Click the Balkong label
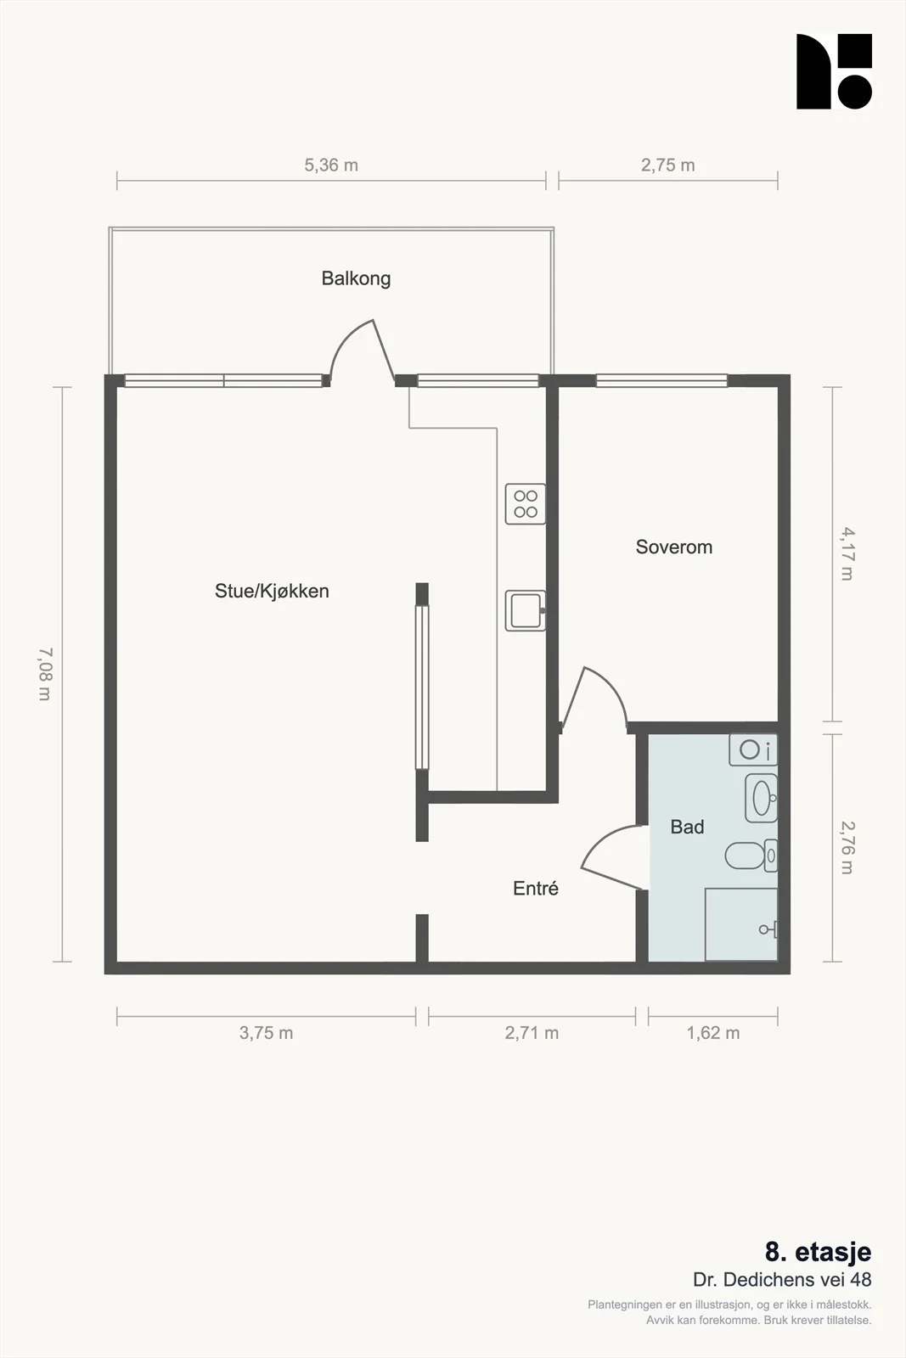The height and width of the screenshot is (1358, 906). [x=356, y=279]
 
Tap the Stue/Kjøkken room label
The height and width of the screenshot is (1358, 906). [x=272, y=591]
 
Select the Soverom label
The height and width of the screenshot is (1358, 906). [x=673, y=547]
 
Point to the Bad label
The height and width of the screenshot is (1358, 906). [x=687, y=827]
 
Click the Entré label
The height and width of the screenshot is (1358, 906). [x=536, y=888]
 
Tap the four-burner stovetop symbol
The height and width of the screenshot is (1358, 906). [x=525, y=504]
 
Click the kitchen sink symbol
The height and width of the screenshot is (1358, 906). [x=525, y=610]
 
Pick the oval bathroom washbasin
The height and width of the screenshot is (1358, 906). [x=761, y=798]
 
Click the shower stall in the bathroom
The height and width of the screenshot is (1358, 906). [x=741, y=924]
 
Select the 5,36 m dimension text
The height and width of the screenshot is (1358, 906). [x=331, y=165]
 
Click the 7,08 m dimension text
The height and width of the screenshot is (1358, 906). [x=46, y=674]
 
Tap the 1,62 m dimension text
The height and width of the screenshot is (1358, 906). [x=713, y=1033]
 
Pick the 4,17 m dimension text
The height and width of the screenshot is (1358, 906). [x=847, y=554]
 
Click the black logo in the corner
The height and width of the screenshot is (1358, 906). [x=834, y=71]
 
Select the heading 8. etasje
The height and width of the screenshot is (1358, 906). [x=818, y=1252]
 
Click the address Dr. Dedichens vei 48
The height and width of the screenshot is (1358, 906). [x=782, y=1280]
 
